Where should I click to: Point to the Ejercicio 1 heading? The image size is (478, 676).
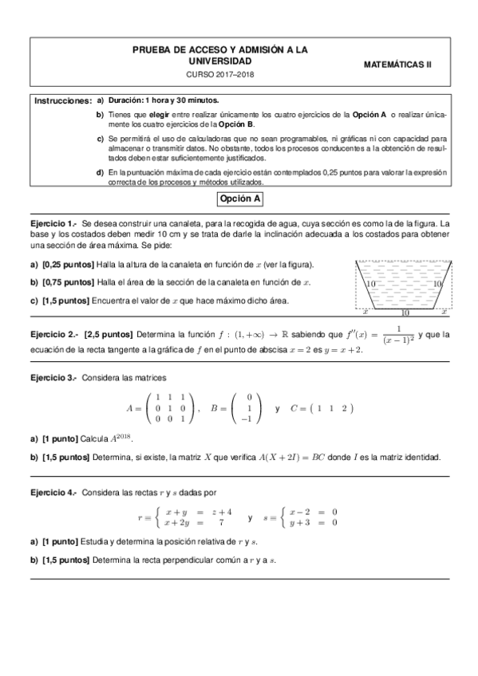click(53, 224)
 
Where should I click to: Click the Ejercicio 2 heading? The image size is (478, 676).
click(53, 333)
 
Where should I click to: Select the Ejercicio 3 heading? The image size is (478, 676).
click(53, 376)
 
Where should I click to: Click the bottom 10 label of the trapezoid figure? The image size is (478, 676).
click(405, 313)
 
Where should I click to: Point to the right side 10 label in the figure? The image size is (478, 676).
click(437, 284)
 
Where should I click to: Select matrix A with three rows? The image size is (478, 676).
click(159, 407)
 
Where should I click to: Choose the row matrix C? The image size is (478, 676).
click(320, 408)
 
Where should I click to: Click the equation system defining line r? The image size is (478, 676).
click(186, 517)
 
